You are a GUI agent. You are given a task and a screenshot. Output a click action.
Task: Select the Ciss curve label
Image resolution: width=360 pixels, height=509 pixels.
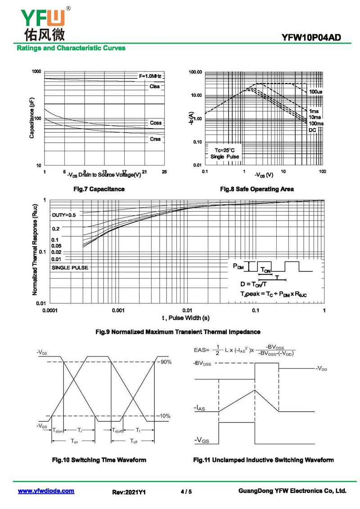(x=155, y=86)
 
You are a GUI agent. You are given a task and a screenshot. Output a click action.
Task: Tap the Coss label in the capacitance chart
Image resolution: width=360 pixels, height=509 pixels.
(x=156, y=123)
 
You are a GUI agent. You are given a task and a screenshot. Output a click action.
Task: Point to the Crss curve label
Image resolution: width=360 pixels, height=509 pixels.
(x=155, y=139)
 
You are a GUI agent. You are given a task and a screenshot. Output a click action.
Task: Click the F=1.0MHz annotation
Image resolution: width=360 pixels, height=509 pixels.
(x=150, y=76)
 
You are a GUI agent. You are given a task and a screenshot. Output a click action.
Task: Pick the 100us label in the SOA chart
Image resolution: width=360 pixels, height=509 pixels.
(x=315, y=92)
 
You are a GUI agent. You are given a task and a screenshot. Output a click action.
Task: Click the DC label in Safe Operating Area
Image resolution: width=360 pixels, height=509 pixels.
(x=312, y=130)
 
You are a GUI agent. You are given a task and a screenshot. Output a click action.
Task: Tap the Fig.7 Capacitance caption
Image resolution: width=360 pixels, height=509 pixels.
(x=99, y=189)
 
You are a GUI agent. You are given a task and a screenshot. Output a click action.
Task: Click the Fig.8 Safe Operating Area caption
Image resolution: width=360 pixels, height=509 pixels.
(x=256, y=189)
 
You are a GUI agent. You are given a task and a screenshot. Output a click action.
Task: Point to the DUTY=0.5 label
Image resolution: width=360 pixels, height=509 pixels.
(x=64, y=215)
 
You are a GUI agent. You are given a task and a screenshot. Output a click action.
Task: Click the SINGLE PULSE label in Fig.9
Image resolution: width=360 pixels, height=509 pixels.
(x=70, y=268)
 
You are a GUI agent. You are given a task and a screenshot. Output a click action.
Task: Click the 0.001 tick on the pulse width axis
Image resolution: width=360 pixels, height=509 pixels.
(x=118, y=311)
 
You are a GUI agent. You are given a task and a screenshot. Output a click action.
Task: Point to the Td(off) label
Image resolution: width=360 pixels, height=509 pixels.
(x=117, y=430)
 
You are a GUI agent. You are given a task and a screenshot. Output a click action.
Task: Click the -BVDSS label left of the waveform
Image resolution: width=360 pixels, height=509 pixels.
(x=205, y=363)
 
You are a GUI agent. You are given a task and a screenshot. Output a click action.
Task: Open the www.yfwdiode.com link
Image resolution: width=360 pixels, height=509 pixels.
(x=46, y=491)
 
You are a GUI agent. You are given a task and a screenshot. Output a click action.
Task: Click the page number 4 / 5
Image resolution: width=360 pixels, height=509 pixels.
(x=186, y=492)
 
